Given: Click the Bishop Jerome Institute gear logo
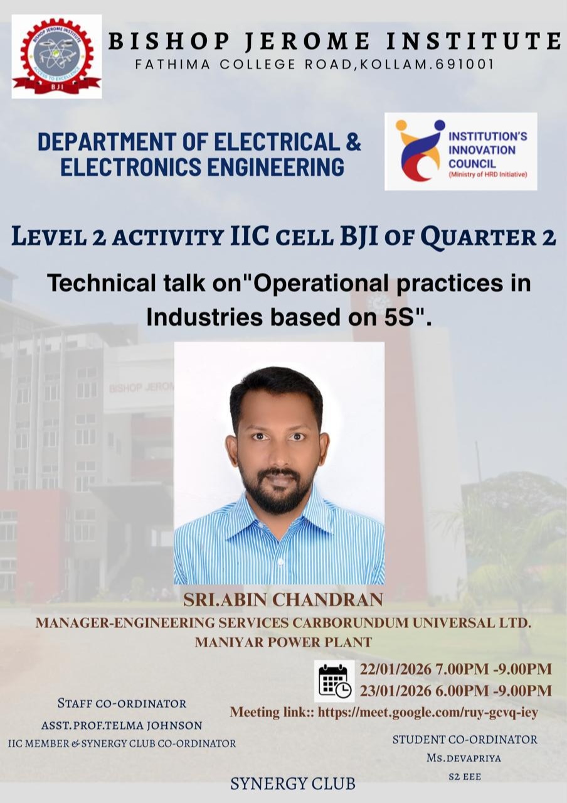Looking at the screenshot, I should [x=56, y=56].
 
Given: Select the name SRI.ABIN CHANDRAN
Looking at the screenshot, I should [x=283, y=600].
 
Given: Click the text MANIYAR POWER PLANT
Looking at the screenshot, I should [x=283, y=642].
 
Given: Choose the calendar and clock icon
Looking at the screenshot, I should [x=334, y=681].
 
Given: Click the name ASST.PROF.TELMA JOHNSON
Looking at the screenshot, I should [x=122, y=725].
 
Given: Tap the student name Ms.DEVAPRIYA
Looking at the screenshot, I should [x=464, y=758].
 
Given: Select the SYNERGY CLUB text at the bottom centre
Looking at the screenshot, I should [x=292, y=784].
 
